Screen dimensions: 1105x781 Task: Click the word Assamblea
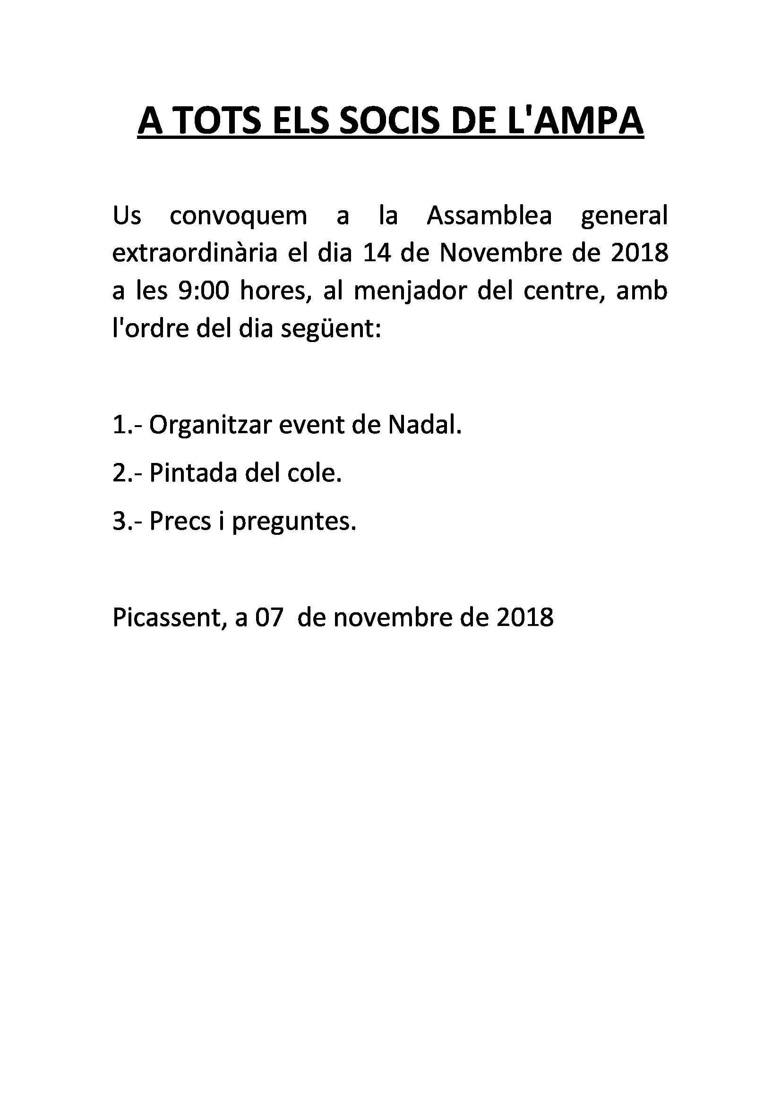(x=489, y=215)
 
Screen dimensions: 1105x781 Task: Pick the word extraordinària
(x=195, y=253)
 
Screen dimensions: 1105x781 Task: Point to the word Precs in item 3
(x=180, y=521)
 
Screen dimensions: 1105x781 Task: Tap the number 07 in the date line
(x=268, y=617)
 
